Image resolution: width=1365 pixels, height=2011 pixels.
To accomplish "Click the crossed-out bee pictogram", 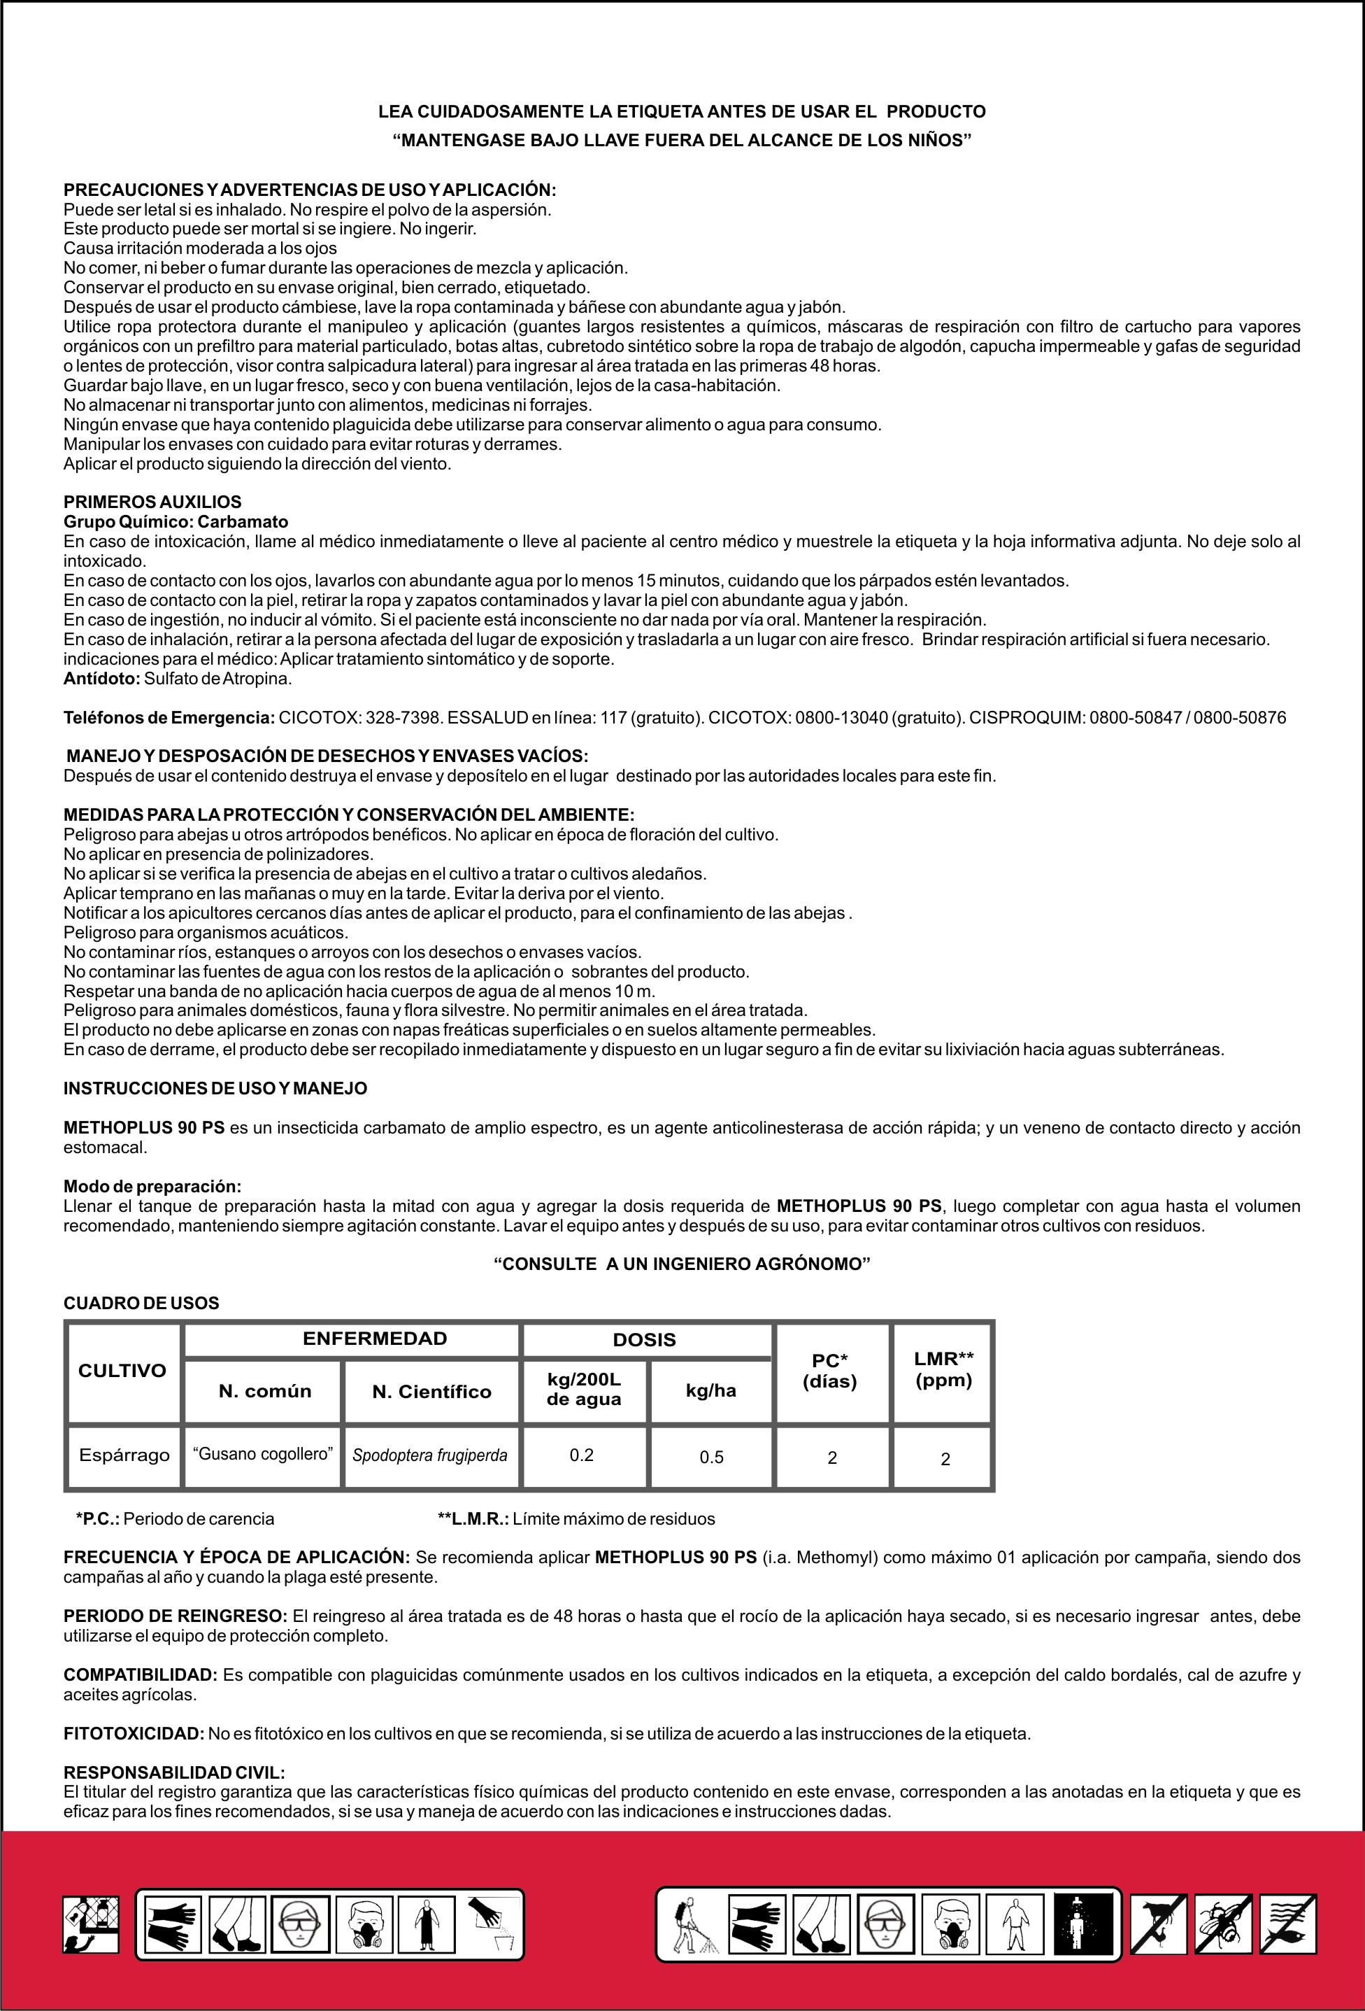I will [x=1224, y=1924].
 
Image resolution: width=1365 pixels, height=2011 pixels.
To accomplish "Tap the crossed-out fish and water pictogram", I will [x=1288, y=1924].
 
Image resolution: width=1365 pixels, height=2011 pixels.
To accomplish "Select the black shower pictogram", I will [x=1084, y=1924].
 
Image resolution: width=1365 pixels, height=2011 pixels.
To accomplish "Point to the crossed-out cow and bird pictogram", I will [x=1160, y=1924].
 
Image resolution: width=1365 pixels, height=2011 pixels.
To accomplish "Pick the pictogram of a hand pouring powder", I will [x=492, y=1924].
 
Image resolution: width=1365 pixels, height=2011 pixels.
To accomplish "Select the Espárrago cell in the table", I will [x=124, y=1455].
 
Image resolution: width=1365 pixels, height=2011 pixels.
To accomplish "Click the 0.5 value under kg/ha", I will [x=711, y=1458].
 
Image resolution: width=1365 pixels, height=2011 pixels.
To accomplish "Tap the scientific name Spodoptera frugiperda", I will [x=430, y=1455].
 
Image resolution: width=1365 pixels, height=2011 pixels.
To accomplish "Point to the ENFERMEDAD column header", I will [x=375, y=1339].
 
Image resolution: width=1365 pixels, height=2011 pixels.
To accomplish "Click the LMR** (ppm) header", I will [x=943, y=1369].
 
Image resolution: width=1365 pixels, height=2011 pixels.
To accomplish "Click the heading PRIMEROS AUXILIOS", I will [x=152, y=502].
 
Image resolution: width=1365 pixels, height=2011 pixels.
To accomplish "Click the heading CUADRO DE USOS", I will [x=141, y=1303].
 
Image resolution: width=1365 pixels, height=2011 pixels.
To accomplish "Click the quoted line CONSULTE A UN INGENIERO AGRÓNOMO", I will [x=682, y=1264].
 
